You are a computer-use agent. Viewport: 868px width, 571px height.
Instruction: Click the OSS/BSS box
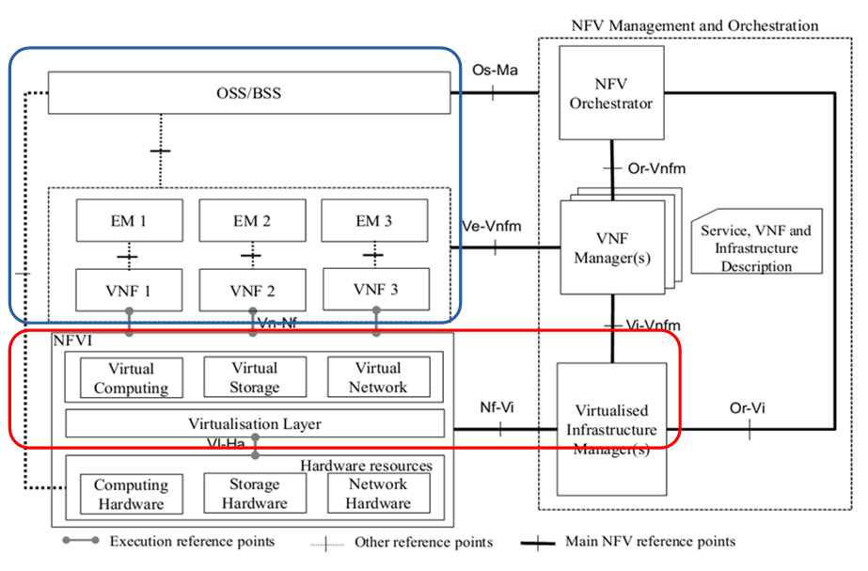[249, 94]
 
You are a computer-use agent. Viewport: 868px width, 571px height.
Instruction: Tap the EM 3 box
[374, 222]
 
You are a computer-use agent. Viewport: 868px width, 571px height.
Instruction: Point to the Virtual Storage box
[254, 377]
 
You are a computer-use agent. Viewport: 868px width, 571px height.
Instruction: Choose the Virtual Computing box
[131, 377]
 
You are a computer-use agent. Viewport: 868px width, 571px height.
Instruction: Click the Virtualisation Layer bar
[255, 424]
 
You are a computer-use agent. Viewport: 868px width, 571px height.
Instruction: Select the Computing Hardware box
[131, 494]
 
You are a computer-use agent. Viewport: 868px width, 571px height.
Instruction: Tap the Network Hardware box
[378, 494]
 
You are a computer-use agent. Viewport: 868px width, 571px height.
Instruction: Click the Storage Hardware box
[254, 494]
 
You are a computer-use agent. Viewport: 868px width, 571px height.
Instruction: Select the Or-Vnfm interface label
[656, 167]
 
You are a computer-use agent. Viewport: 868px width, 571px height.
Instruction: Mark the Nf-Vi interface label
[498, 408]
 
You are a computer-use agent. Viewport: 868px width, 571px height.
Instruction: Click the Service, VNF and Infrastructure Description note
[756, 247]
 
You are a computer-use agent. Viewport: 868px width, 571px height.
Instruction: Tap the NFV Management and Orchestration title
[694, 25]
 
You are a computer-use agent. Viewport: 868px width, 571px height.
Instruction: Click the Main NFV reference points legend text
[650, 541]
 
